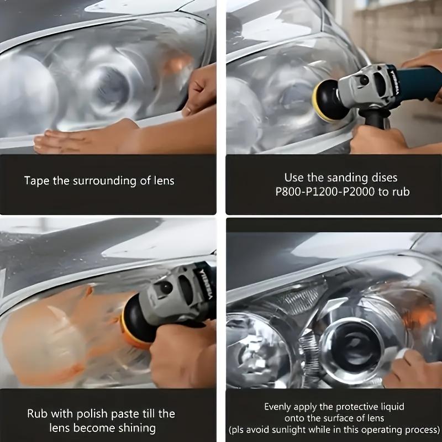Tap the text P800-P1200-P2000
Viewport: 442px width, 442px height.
(x=325, y=192)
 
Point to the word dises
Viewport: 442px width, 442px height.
(x=385, y=178)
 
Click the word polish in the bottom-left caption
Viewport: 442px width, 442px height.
(x=92, y=414)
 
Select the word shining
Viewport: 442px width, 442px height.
(x=137, y=428)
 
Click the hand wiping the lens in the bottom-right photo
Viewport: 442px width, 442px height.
(x=412, y=369)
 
